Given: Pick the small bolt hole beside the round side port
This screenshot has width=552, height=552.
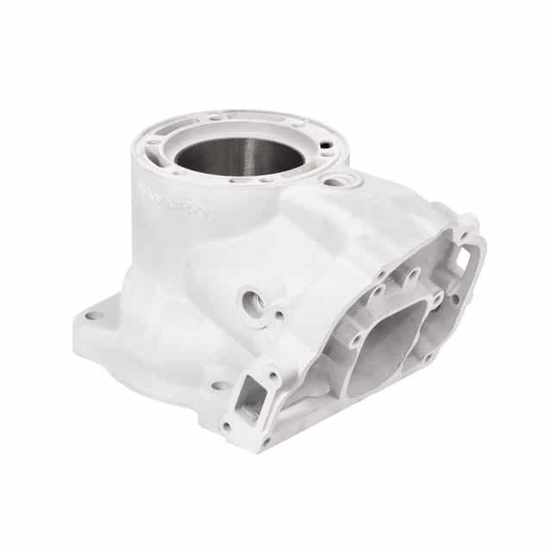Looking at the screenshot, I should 278,315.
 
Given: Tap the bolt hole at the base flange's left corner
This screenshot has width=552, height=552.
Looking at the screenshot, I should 93,316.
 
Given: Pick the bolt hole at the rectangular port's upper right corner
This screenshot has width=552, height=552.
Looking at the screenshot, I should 274,377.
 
